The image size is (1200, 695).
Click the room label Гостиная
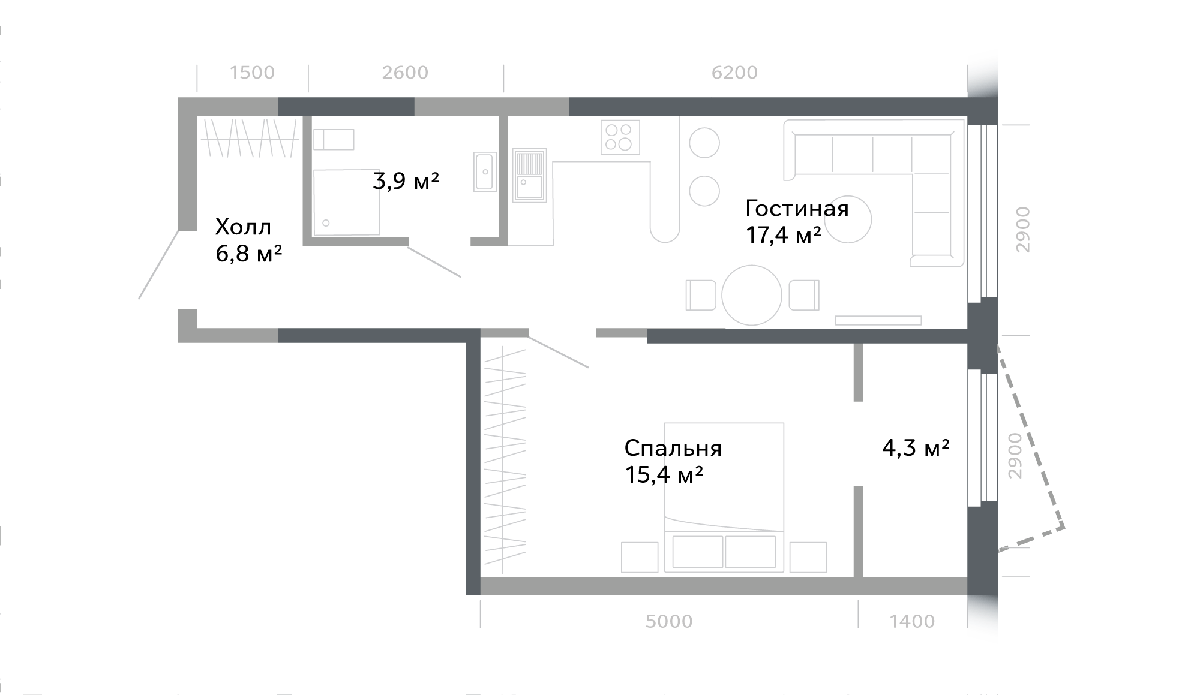click(x=797, y=209)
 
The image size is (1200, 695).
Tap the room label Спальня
click(x=673, y=449)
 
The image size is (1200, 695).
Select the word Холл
click(x=243, y=227)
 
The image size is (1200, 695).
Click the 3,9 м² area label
click(x=406, y=180)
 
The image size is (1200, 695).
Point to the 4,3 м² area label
click(x=916, y=447)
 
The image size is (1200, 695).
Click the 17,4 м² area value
click(x=783, y=235)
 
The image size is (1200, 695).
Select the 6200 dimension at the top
click(x=734, y=73)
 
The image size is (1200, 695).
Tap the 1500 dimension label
click(x=252, y=73)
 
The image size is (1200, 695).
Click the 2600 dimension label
click(x=405, y=73)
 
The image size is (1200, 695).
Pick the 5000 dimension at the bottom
click(x=669, y=621)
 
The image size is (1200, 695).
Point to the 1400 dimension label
click(x=912, y=621)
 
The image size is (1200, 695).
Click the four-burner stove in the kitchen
click(x=620, y=137)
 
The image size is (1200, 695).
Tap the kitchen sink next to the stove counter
click(x=529, y=175)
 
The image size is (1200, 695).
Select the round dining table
click(x=752, y=295)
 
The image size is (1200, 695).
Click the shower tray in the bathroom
click(x=347, y=203)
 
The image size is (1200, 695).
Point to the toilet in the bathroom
click(x=334, y=140)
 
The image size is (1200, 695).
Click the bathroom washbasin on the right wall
click(x=485, y=172)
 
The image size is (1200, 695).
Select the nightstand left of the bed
click(x=640, y=557)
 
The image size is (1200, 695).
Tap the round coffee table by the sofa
click(x=848, y=219)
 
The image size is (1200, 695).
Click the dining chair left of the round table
click(x=701, y=295)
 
